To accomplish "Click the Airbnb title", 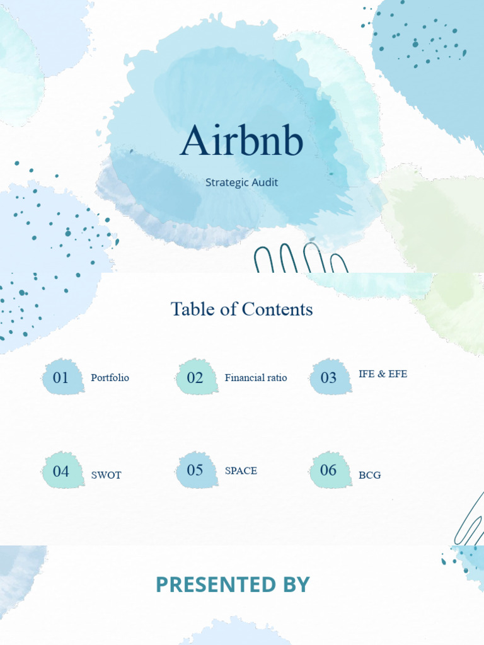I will point(242,141).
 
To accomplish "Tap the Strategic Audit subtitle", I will point(242,183).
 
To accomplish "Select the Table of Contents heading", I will point(242,309).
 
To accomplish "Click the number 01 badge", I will point(61,378).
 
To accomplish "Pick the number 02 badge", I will point(195,378).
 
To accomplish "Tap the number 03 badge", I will point(329,378).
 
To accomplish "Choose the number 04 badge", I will point(61,471).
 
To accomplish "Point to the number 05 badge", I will point(195,470).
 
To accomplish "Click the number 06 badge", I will point(329,470).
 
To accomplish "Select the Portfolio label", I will point(110,378).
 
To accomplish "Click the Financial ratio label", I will point(256,378).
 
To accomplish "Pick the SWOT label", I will point(106,475).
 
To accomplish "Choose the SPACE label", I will point(241,471).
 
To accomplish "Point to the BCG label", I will point(370,475).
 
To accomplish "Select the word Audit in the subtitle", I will point(265,183).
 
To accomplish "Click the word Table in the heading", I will point(190,309).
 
